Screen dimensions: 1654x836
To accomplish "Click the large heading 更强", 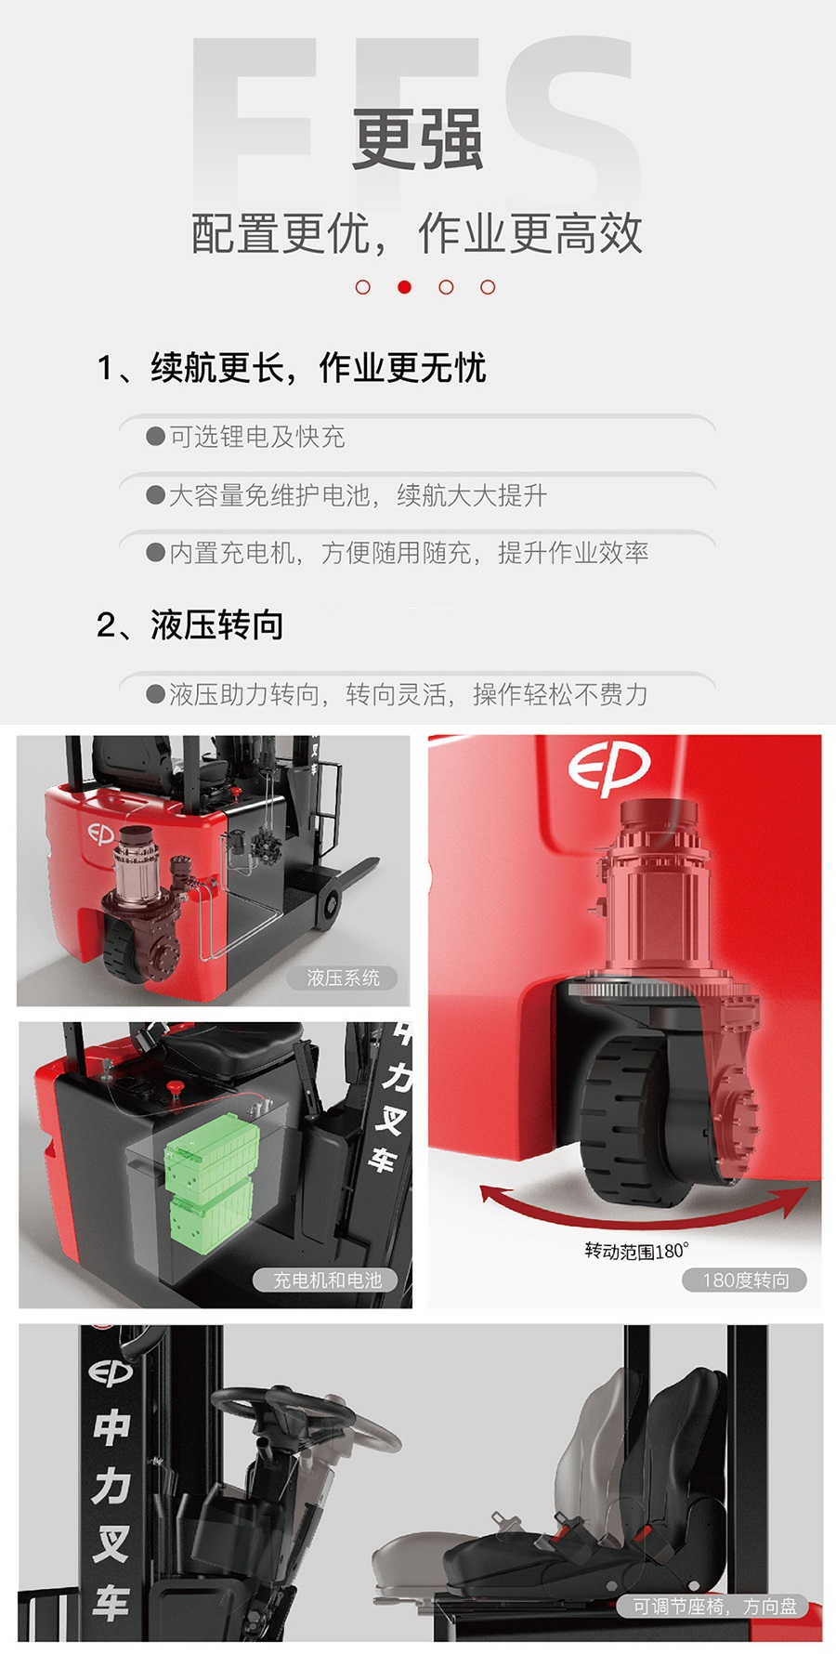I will pos(417,140).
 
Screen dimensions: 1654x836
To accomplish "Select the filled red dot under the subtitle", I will pos(404,287).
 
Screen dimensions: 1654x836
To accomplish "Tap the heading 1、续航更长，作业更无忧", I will pos(292,368).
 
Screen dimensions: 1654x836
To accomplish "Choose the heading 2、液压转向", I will pos(190,624).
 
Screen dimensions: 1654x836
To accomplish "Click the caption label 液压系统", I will pos(343,978).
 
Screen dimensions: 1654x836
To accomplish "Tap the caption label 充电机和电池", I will pos(327,1280).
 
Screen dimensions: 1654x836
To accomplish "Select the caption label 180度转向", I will pos(745,1280).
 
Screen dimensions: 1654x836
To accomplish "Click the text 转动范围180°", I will pos(636,1251).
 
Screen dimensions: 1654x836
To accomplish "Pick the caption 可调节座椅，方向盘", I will pos(714,1606).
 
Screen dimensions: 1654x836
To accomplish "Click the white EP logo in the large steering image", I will pos(608,768).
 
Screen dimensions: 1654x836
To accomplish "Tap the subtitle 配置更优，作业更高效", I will pos(417,233).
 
